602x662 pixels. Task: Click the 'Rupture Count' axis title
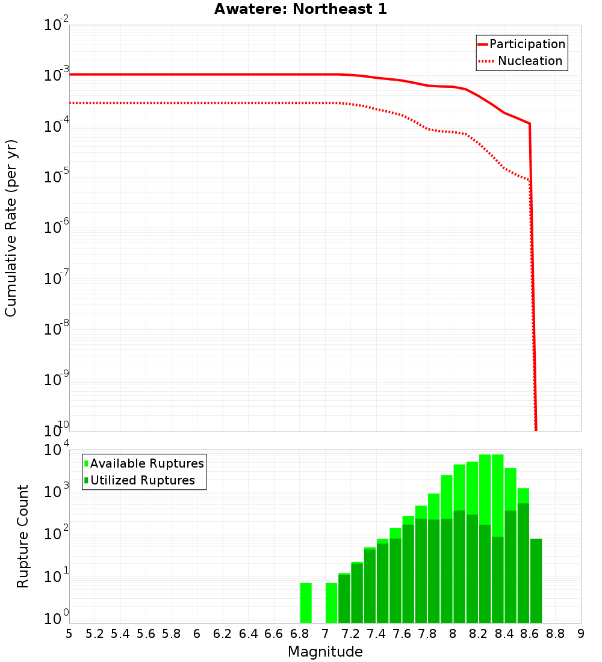click(23, 536)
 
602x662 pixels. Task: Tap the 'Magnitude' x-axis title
click(325, 651)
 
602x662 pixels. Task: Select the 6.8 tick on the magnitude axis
click(299, 634)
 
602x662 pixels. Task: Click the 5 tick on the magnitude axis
click(69, 634)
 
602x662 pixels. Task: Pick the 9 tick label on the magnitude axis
click(581, 634)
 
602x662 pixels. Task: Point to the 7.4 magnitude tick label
click(376, 634)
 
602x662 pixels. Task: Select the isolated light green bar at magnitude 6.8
click(306, 602)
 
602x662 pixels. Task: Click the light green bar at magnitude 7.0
click(331, 602)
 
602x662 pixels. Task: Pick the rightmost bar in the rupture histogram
click(536, 581)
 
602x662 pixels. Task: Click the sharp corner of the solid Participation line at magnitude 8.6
click(530, 123)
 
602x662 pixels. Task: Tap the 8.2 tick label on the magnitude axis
click(479, 634)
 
